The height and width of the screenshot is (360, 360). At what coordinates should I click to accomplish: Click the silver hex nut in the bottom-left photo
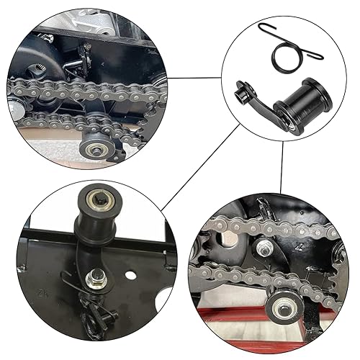(x=95, y=276)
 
